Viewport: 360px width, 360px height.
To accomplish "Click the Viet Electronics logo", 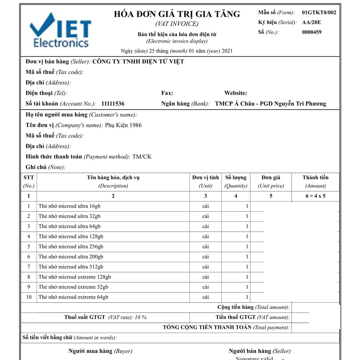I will click(x=60, y=31).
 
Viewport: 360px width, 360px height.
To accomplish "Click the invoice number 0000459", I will click(x=311, y=32).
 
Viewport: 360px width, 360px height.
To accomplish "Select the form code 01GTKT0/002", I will click(x=319, y=13).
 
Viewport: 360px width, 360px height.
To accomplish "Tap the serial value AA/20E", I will click(x=311, y=22).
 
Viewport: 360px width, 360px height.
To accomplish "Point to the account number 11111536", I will click(x=112, y=104).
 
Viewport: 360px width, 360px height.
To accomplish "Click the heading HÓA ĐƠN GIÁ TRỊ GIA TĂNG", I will click(x=177, y=14).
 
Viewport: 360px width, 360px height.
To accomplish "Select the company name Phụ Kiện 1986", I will click(x=123, y=125).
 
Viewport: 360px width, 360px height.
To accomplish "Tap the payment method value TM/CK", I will click(x=142, y=157).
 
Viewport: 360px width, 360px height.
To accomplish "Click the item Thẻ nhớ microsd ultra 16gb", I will click(x=70, y=206).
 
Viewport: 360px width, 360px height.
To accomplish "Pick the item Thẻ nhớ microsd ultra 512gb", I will click(x=71, y=267).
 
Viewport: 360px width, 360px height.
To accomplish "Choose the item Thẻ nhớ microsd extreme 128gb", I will click(x=75, y=277).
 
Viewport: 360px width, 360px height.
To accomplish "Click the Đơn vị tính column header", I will click(x=205, y=178).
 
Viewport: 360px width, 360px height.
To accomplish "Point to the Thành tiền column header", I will click(x=315, y=178).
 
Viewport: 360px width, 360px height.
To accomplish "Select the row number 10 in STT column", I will click(x=29, y=297).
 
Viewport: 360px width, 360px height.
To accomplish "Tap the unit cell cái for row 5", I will click(x=205, y=246).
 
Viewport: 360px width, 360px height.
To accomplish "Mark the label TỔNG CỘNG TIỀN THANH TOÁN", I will click(x=207, y=327).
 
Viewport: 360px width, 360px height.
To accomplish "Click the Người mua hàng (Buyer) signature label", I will click(x=100, y=351).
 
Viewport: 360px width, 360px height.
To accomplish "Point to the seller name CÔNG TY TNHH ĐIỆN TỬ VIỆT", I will click(x=138, y=62).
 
